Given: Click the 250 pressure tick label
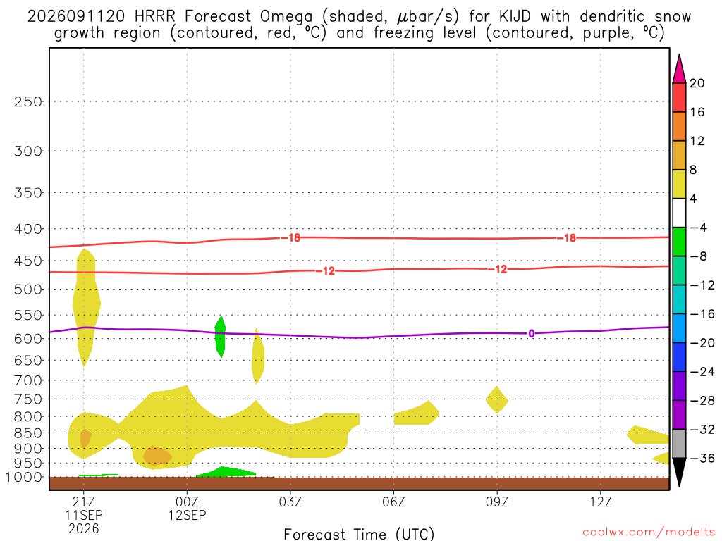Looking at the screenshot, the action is (x=28, y=101).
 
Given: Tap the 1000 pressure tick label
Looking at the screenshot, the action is (x=25, y=478).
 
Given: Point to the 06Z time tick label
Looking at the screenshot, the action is (x=393, y=502).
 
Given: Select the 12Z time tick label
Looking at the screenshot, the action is (x=601, y=502).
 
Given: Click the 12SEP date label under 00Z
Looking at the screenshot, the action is (x=187, y=515).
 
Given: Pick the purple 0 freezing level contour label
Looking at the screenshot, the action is (x=532, y=333).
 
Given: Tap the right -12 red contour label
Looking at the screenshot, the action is (x=498, y=269).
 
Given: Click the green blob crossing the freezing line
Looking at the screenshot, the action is (x=220, y=337).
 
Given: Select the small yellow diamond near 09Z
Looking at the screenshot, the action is (x=497, y=400).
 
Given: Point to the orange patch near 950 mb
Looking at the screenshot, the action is (x=157, y=456).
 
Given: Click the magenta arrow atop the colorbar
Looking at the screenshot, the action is (x=679, y=69).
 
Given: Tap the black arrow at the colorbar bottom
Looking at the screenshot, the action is (x=679, y=472).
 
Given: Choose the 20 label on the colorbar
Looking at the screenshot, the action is (x=697, y=83).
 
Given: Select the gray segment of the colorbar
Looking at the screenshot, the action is (x=679, y=444).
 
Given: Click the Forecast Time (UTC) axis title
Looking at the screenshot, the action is (x=359, y=534).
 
